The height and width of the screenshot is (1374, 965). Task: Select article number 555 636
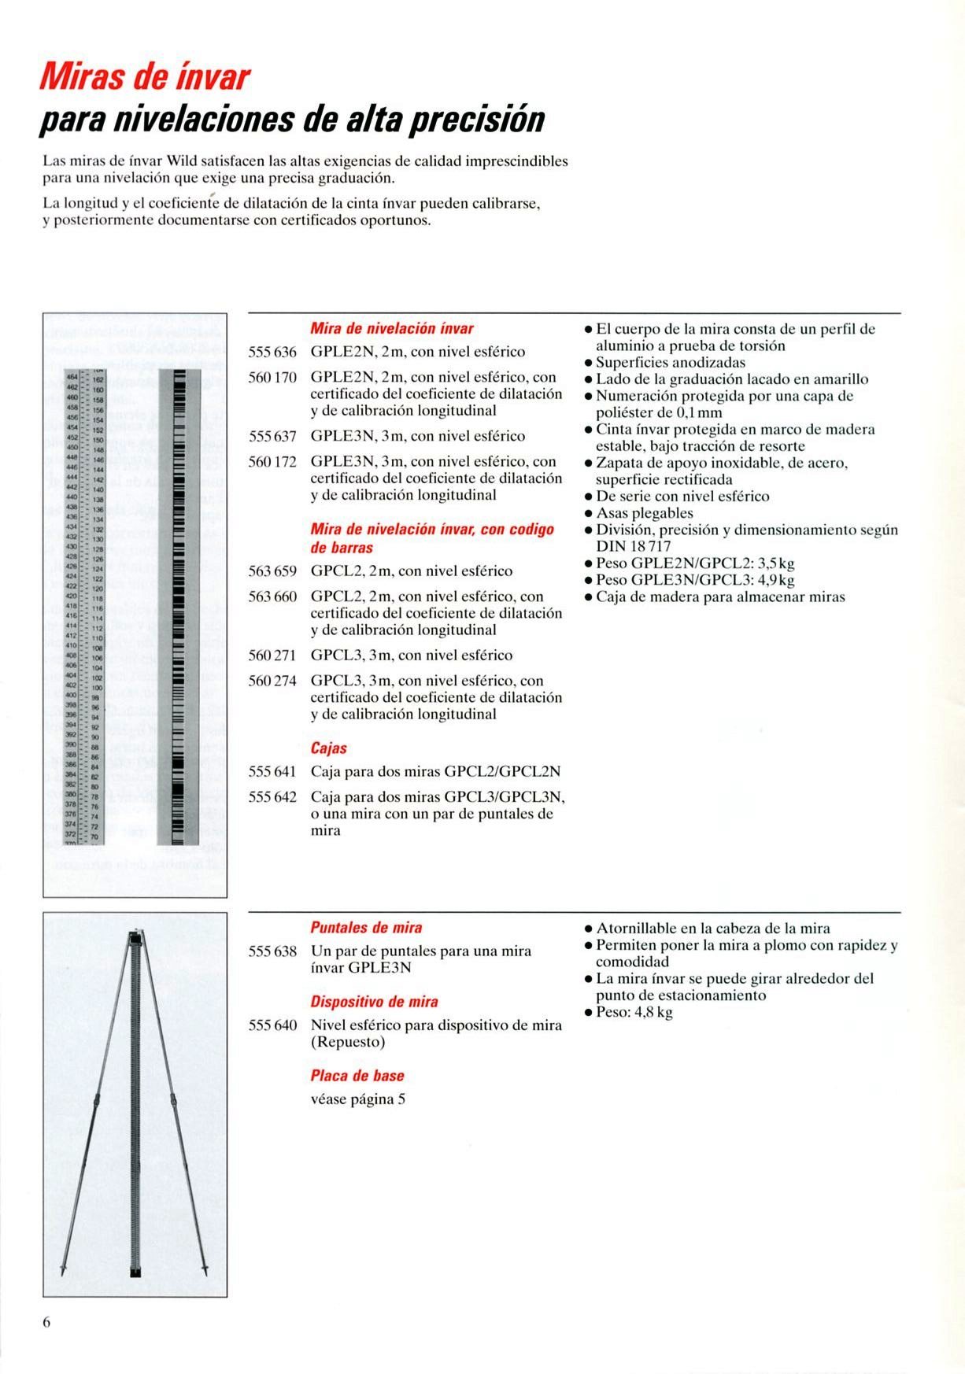(272, 352)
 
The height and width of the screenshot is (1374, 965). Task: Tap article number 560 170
(272, 377)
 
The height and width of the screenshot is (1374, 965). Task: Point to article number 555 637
(272, 436)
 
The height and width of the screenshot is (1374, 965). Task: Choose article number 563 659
(272, 571)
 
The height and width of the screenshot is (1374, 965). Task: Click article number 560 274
(272, 681)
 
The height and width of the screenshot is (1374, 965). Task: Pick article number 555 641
(272, 771)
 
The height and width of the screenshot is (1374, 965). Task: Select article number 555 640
(272, 1025)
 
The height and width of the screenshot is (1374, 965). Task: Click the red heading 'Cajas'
(329, 748)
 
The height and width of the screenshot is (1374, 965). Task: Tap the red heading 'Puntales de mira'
(366, 928)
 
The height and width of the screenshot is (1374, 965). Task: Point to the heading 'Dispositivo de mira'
(374, 1002)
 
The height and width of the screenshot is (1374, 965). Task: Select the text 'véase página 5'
(358, 1099)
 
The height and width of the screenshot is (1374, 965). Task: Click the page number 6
(46, 1322)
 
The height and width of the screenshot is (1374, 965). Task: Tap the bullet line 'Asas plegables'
(644, 513)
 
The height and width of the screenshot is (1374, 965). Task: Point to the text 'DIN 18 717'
(634, 546)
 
